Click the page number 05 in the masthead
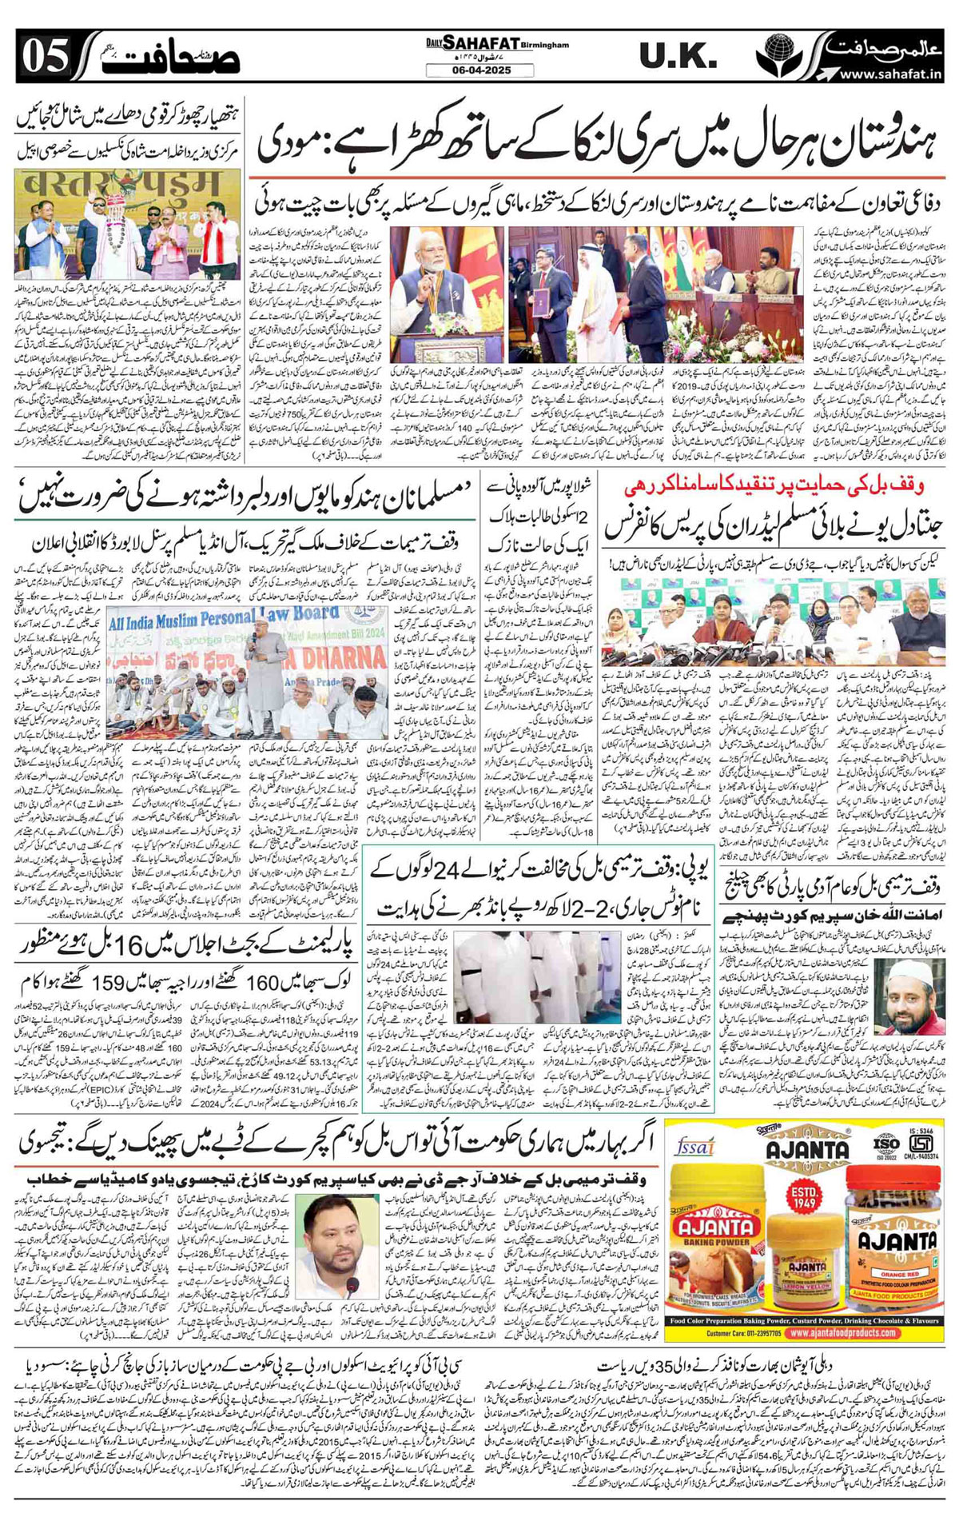coord(44,57)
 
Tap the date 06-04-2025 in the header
coord(479,70)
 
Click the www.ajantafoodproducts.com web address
coord(842,1333)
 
